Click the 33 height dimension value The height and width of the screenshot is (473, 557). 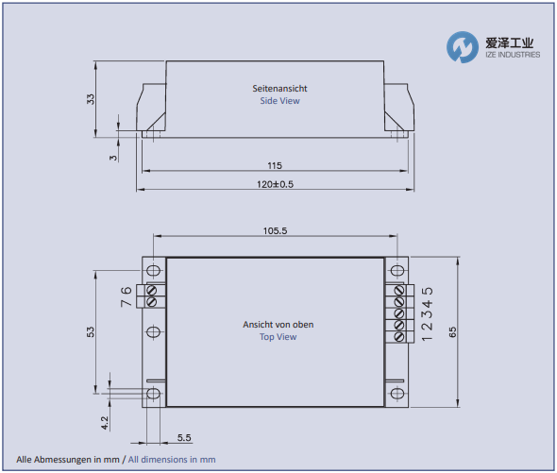click(x=92, y=98)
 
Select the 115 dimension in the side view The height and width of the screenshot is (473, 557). click(x=274, y=165)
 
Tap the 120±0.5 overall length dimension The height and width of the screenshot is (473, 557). click(x=274, y=184)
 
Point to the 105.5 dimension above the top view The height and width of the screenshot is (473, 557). click(x=274, y=230)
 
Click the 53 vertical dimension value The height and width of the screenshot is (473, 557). click(x=91, y=332)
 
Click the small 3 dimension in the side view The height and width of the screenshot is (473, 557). click(x=112, y=158)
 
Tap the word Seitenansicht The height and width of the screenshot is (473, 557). click(x=279, y=89)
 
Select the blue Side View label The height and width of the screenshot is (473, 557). click(x=279, y=101)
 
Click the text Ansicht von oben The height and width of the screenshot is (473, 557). click(x=278, y=325)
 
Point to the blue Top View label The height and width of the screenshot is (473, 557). click(x=278, y=337)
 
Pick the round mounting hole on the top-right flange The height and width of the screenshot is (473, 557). click(x=397, y=271)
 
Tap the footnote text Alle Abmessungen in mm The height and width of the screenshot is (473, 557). click(x=68, y=459)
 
